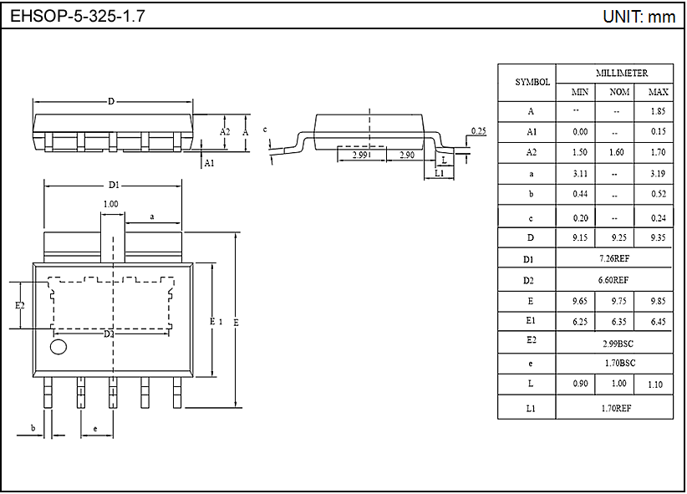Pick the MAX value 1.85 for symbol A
658,111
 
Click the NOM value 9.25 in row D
619,238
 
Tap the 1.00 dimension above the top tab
110,204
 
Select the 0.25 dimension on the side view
478,131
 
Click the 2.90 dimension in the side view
408,155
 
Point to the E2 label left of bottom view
20,306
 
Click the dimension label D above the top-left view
111,101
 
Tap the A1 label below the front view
210,163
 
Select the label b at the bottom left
33,429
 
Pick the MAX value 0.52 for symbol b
658,195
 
